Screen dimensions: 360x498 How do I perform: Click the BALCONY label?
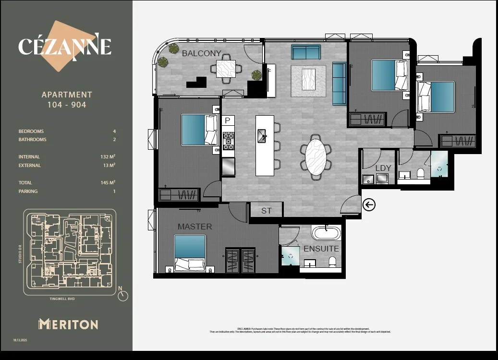point(201,53)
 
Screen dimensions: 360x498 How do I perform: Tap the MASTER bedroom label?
point(194,227)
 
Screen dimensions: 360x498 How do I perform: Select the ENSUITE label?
point(321,249)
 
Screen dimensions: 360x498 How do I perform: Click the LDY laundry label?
point(383,168)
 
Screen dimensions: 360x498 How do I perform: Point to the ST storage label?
point(267,211)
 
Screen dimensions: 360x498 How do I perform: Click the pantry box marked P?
point(228,120)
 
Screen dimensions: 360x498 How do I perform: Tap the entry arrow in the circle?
point(369,205)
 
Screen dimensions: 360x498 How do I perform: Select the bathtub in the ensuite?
point(327,234)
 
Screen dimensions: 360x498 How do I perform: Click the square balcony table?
point(226,69)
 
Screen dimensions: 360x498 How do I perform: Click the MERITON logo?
point(68,324)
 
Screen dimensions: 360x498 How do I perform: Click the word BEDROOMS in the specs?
point(31,132)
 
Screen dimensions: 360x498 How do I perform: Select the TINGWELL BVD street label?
point(62,299)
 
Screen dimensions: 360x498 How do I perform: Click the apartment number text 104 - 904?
point(67,105)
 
